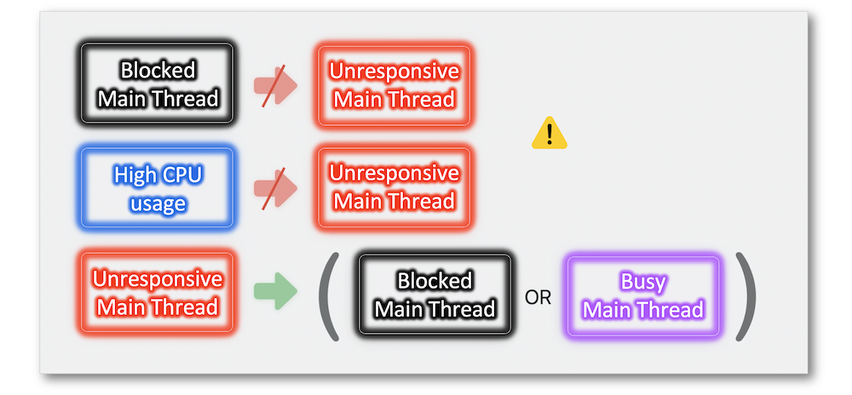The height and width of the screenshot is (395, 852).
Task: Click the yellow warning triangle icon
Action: point(550,133)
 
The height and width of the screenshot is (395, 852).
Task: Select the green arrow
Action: point(275,291)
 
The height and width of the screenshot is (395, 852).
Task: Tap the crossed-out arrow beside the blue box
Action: point(275,188)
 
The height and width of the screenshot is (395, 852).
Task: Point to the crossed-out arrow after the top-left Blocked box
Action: point(275,86)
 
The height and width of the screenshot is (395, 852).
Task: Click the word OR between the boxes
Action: point(538,297)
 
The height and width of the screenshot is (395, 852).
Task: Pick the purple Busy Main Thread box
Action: point(642,296)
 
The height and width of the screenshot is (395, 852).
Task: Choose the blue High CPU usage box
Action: point(158,188)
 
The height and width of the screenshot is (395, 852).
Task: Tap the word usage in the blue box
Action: point(158,203)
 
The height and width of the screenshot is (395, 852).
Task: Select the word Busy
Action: point(643,282)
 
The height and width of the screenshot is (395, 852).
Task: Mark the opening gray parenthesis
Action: point(328,296)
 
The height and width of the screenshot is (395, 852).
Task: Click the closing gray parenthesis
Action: point(745,296)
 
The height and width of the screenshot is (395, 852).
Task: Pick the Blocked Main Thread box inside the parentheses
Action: point(435,295)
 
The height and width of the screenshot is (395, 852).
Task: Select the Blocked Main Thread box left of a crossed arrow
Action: point(158,84)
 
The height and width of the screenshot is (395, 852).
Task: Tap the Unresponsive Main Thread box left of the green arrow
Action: point(158,292)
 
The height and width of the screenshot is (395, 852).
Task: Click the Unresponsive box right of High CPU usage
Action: point(394,187)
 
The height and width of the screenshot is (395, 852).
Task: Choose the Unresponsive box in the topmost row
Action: point(394,86)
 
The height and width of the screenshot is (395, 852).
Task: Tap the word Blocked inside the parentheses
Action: point(435,281)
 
